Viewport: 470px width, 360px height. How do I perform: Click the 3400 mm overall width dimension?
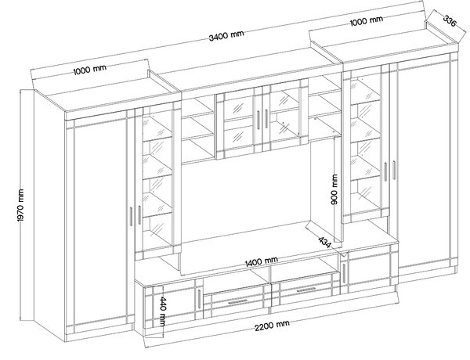226,35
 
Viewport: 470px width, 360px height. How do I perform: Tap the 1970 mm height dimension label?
20,206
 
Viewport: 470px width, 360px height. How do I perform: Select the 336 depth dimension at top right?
450,21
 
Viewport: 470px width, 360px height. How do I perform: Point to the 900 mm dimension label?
334,189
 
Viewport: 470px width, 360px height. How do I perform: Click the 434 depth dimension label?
324,243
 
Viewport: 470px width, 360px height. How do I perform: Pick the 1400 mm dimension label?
262,261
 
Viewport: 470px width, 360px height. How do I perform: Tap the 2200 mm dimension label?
272,326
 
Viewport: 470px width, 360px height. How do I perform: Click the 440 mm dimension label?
162,311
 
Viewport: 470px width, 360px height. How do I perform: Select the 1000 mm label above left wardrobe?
89,70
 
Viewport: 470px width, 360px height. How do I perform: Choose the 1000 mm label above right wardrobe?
367,21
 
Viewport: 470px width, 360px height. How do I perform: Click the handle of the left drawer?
237,302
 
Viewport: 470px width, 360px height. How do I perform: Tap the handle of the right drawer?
305,290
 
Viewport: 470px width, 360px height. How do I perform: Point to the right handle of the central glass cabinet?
266,119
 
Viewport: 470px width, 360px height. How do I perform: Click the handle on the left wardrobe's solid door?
131,216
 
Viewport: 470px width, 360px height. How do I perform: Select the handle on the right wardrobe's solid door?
394,171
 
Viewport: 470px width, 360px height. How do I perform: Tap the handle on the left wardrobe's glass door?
139,214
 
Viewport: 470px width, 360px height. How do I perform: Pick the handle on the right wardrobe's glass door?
385,171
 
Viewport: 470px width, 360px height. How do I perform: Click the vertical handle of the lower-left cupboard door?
199,299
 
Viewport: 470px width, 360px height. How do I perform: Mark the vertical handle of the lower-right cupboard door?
344,273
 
